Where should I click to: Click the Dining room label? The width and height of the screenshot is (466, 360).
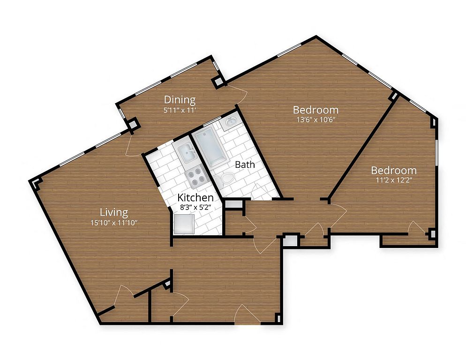[x=180, y=99]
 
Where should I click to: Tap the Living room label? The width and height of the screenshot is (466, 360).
[x=114, y=212]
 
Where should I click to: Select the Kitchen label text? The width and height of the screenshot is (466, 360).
[x=195, y=197]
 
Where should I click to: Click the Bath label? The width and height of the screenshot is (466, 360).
[x=245, y=165]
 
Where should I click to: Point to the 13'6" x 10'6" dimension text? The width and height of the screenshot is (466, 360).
[x=316, y=120]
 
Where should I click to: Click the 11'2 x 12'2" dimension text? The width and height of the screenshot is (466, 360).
[x=394, y=180]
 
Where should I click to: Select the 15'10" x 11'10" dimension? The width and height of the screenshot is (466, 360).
[x=114, y=223]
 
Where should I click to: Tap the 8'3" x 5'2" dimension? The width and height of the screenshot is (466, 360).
[x=195, y=207]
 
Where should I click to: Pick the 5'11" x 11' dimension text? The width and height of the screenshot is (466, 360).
[x=180, y=110]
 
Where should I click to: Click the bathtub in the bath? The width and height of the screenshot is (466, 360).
[x=210, y=147]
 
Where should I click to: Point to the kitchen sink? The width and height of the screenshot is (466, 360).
[x=187, y=154]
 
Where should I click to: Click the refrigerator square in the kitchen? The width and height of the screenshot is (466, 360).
[x=184, y=224]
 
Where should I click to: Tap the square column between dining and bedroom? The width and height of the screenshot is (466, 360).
[x=218, y=81]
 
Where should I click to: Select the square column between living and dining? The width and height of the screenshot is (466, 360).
[x=134, y=124]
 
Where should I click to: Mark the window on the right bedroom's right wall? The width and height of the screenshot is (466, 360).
[x=436, y=152]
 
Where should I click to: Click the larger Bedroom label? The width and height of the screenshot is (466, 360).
[x=316, y=110]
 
